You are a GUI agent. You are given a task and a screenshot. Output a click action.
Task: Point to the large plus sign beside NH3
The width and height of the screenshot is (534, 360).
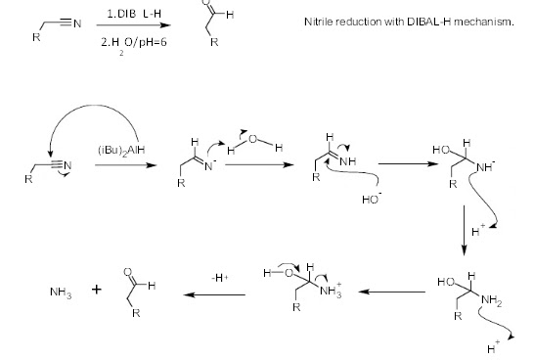98,290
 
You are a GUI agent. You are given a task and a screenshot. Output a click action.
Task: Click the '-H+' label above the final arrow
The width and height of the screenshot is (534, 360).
218,277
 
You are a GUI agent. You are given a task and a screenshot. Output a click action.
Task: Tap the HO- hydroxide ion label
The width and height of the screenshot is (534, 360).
371,201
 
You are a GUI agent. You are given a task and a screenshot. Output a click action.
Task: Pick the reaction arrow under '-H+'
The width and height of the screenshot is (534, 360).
217,292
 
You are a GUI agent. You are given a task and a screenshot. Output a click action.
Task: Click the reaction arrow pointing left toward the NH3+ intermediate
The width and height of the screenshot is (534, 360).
390,292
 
